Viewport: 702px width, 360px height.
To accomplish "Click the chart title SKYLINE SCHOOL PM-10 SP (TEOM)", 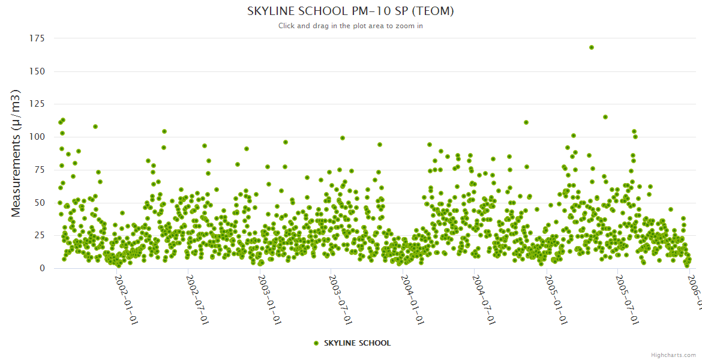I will coord(350,11).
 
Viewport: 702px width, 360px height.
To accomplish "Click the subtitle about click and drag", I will coord(350,26).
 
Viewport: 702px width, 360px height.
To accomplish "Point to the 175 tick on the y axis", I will coord(37,38).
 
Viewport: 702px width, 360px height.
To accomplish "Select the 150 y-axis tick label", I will coord(37,71).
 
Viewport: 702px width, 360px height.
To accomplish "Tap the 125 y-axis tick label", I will coord(37,104).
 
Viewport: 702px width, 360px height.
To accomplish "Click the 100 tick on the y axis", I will coord(37,137).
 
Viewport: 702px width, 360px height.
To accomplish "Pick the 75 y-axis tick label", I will coord(39,170).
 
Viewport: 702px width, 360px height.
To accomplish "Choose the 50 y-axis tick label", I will coord(39,203).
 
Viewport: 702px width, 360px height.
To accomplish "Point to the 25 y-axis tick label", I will coord(39,235).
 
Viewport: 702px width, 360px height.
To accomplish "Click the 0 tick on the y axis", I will coord(41,268).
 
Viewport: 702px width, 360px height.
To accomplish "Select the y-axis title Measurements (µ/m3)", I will coord(16,153).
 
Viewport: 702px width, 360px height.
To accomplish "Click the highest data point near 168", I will coord(592,47).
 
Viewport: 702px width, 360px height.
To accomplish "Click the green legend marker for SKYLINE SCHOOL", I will coord(316,343).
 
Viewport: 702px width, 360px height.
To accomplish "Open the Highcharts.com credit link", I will coord(673,355).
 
